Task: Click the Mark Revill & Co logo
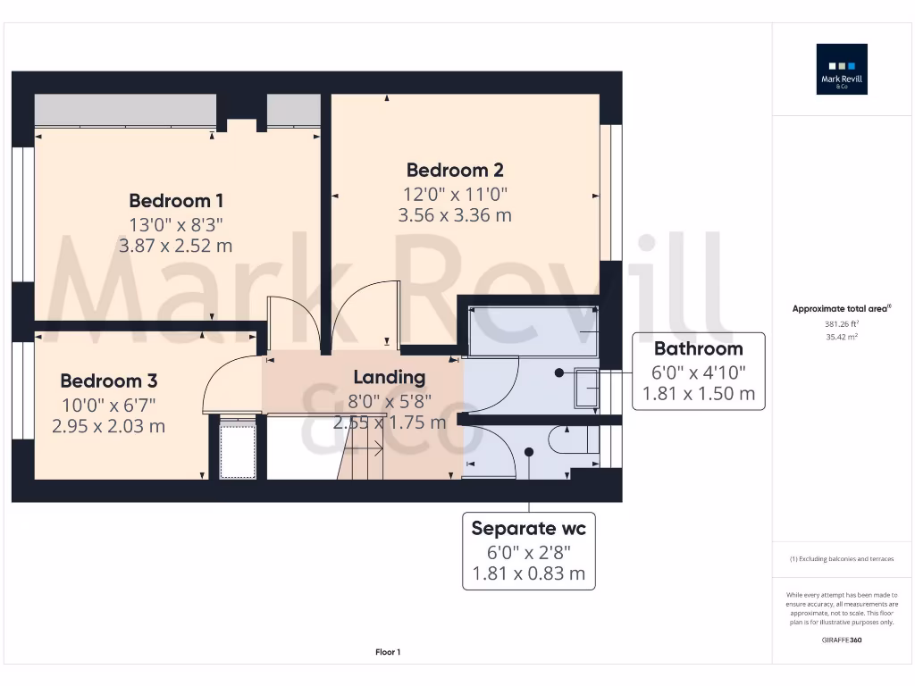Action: click(843, 70)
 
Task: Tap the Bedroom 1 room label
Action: click(176, 200)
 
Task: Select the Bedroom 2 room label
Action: click(455, 170)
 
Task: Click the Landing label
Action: click(389, 377)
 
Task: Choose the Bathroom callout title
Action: click(698, 348)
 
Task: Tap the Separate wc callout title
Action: click(528, 528)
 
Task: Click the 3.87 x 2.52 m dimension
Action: click(176, 246)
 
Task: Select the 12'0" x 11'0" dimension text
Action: click(455, 193)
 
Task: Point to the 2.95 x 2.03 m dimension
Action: click(108, 426)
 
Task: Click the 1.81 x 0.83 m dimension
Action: click(528, 573)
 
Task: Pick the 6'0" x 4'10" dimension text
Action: click(698, 372)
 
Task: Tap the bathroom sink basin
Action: click(586, 388)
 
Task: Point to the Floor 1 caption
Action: click(388, 653)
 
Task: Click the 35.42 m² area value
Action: click(842, 338)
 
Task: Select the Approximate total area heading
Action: click(842, 309)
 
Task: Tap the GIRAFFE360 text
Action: click(842, 640)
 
